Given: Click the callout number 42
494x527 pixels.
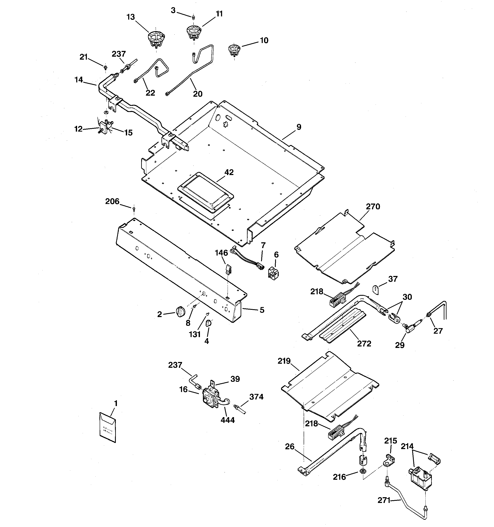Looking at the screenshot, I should (x=229, y=172).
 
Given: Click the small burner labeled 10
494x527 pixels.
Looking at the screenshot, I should (x=234, y=50).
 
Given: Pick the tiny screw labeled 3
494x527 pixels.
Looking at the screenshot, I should (x=193, y=17).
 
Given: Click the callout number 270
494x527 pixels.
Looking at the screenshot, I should (x=373, y=207).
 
